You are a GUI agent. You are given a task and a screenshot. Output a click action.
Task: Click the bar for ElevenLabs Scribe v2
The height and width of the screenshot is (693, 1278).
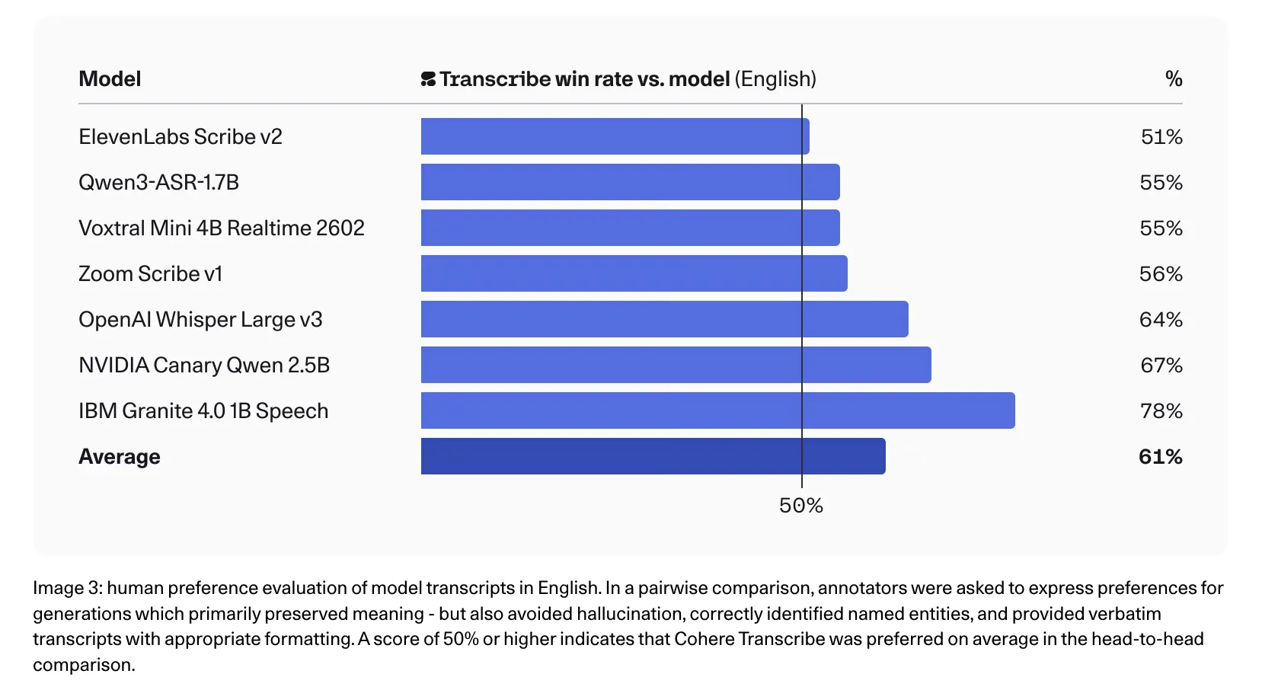click(615, 136)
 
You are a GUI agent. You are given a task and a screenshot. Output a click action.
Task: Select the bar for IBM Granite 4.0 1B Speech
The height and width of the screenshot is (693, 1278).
click(717, 410)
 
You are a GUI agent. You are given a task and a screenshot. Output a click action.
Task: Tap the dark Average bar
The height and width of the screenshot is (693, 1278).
click(653, 456)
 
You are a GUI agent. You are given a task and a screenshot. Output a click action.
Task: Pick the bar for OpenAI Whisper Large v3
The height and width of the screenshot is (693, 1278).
click(664, 319)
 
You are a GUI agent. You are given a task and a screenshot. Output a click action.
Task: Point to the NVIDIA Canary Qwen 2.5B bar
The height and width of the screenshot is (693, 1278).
click(676, 365)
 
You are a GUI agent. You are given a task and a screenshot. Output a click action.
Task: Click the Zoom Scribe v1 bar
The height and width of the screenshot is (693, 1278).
click(634, 273)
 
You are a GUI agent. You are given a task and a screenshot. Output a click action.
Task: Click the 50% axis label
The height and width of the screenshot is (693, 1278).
click(800, 506)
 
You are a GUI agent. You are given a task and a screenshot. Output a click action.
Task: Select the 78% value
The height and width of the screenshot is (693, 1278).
click(1161, 411)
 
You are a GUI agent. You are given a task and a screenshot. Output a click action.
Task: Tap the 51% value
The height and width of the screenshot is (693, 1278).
click(1161, 137)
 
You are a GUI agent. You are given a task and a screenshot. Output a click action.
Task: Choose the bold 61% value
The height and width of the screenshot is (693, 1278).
click(1160, 457)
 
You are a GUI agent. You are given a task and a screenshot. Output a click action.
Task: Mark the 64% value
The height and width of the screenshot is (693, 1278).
click(1160, 320)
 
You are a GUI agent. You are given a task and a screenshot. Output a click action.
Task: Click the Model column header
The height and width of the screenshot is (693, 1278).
click(110, 79)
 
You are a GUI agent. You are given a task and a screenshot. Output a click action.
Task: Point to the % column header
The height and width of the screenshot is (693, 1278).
click(1173, 79)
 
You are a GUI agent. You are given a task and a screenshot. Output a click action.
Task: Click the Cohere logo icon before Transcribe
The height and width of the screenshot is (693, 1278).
click(428, 79)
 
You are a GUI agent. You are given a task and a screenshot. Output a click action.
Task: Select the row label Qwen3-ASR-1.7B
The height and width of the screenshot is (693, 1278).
click(158, 183)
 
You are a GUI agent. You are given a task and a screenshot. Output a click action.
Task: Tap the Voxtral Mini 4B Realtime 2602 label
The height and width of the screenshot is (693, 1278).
click(221, 228)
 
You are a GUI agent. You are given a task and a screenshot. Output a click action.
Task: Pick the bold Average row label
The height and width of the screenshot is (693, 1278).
click(120, 457)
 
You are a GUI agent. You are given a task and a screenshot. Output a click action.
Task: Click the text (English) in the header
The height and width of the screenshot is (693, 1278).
click(775, 79)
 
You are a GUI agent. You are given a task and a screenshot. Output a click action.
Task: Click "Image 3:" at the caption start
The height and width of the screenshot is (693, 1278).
click(67, 588)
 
